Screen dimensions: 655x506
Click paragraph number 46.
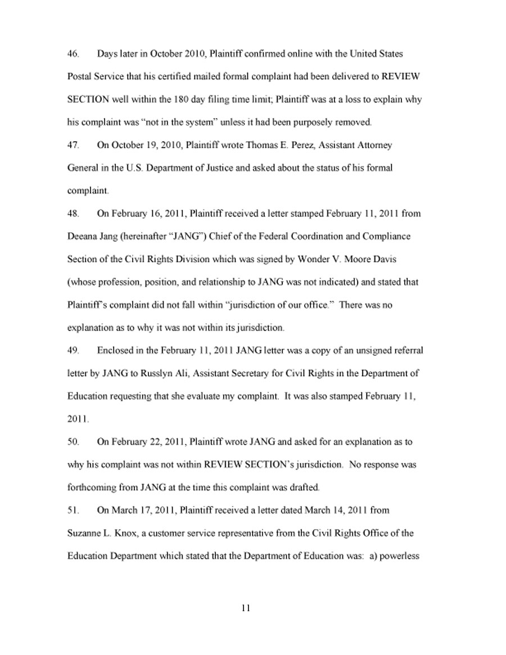click(x=73, y=55)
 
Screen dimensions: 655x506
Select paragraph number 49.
click(x=73, y=350)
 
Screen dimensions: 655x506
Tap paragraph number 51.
click(x=73, y=511)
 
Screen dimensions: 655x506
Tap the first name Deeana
click(x=81, y=236)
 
